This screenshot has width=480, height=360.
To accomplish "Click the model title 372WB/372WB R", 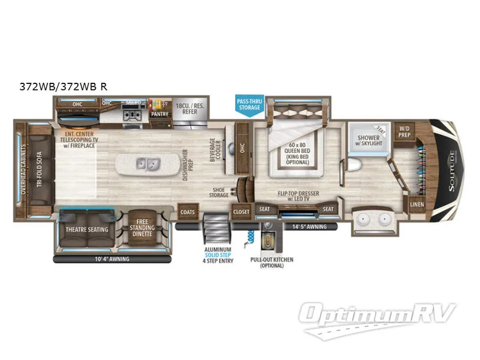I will pos(63,86).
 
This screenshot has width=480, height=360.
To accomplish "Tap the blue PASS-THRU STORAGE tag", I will pos(249,104).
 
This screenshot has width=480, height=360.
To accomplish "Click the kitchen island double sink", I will pos(145,163).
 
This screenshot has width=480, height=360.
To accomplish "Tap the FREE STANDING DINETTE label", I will pos(142,228).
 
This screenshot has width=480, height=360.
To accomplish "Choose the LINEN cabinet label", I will pos(416,205).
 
